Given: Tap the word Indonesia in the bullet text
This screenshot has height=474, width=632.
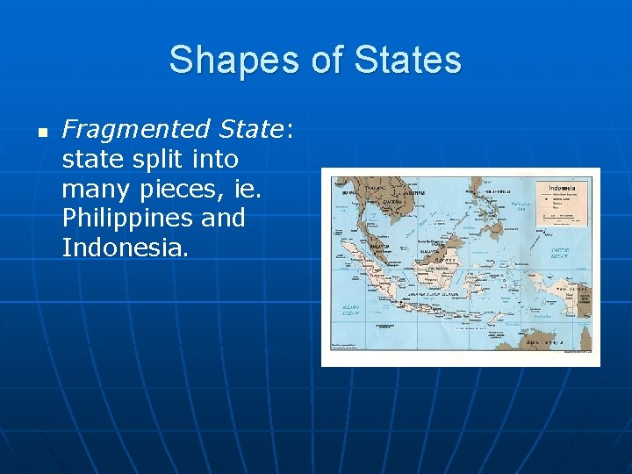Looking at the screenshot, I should click(124, 248).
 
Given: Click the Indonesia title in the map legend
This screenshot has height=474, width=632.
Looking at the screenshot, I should click(562, 188).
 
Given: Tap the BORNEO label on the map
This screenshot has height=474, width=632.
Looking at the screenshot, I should click(446, 261).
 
